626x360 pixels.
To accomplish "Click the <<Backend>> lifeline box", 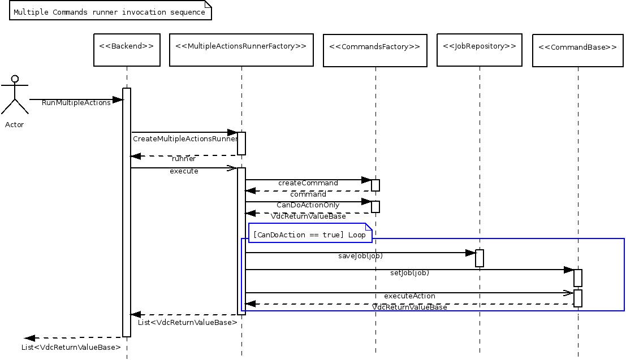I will tap(126, 50).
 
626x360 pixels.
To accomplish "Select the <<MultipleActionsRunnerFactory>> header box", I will tap(241, 50).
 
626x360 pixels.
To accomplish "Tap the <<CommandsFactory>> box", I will tap(374, 51).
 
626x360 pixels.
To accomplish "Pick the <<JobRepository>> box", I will tap(480, 50).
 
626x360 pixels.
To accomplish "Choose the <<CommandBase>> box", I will tap(577, 51).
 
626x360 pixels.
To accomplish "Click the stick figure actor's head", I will tap(15, 79).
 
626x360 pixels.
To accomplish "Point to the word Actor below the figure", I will tap(14, 124).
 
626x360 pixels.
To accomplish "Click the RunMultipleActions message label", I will tap(76, 102).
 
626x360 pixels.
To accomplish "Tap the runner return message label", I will tap(184, 159).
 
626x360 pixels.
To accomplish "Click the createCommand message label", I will tap(308, 183).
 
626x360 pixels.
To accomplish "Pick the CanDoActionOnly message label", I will tap(308, 205).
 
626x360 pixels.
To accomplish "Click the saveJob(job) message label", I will tap(360, 256).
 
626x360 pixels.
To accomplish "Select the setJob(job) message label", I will tap(409, 273).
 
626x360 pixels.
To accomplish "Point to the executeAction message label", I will tap(409, 296).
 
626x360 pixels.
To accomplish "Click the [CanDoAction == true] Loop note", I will tap(309, 234).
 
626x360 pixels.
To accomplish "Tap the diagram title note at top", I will tap(110, 11).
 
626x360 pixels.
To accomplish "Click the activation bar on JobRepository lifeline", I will tap(480, 258).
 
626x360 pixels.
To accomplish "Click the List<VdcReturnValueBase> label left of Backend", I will tap(71, 347).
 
